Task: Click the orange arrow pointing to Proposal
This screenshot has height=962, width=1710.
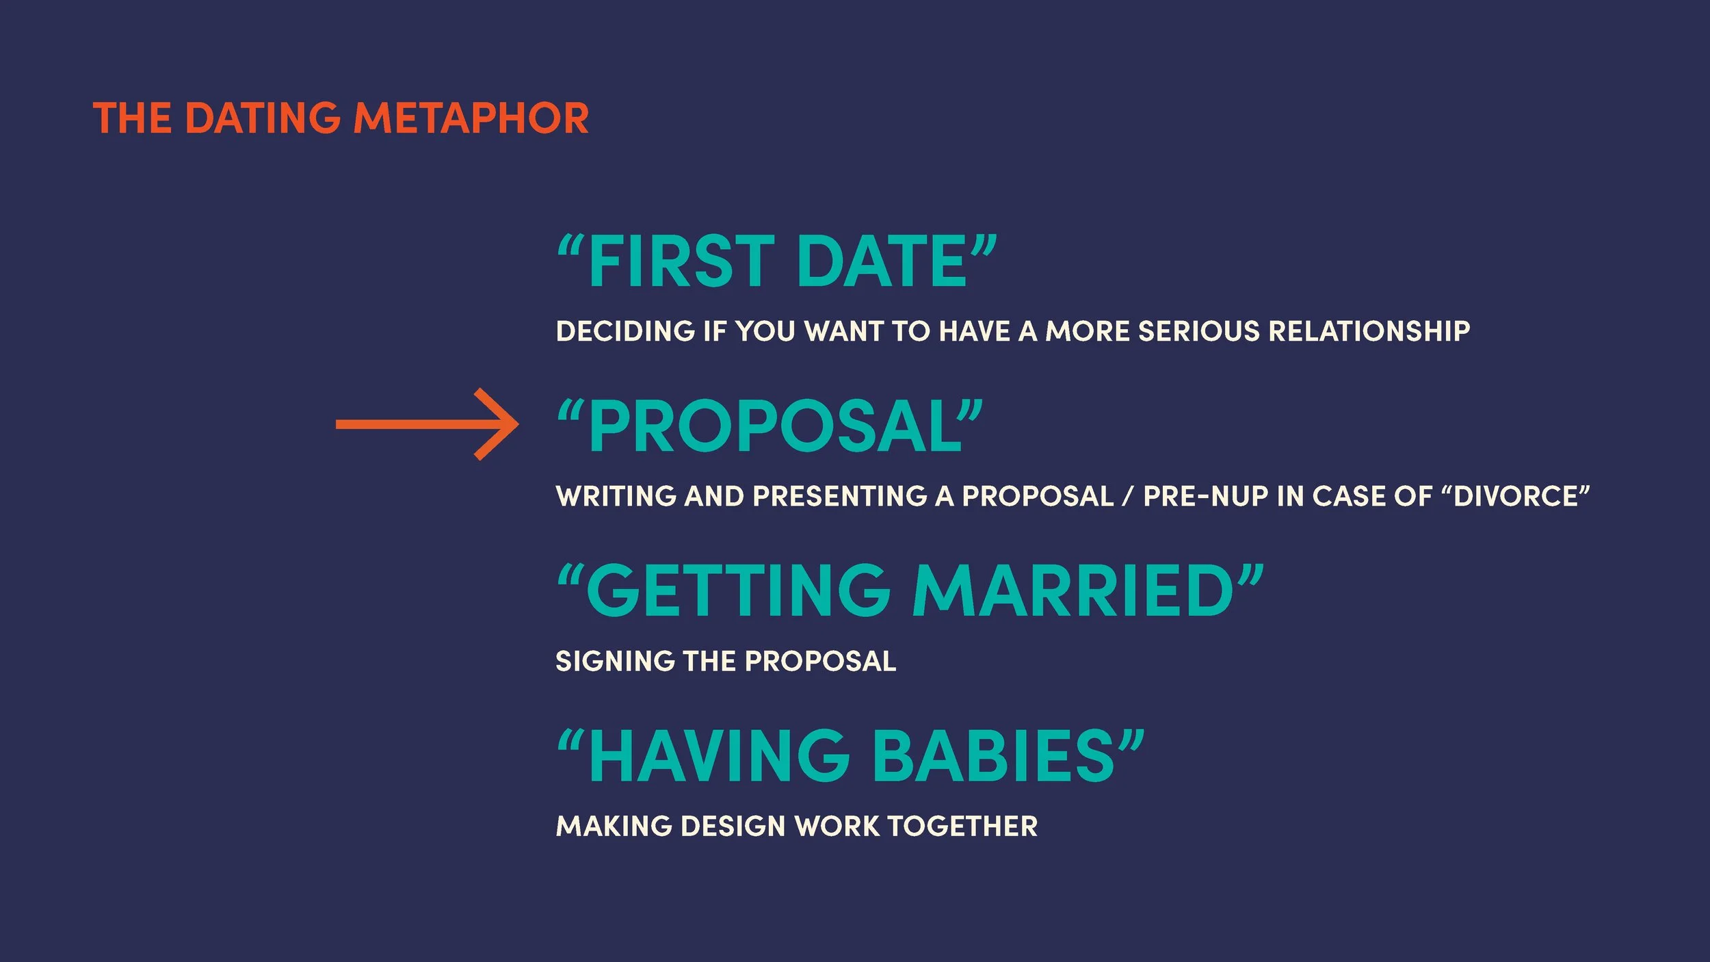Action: coord(428,424)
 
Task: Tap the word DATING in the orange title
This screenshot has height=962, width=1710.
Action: coord(263,118)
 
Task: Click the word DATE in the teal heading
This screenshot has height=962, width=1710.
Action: coord(882,261)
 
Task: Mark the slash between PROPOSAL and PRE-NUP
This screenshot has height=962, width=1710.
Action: coord(1127,497)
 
